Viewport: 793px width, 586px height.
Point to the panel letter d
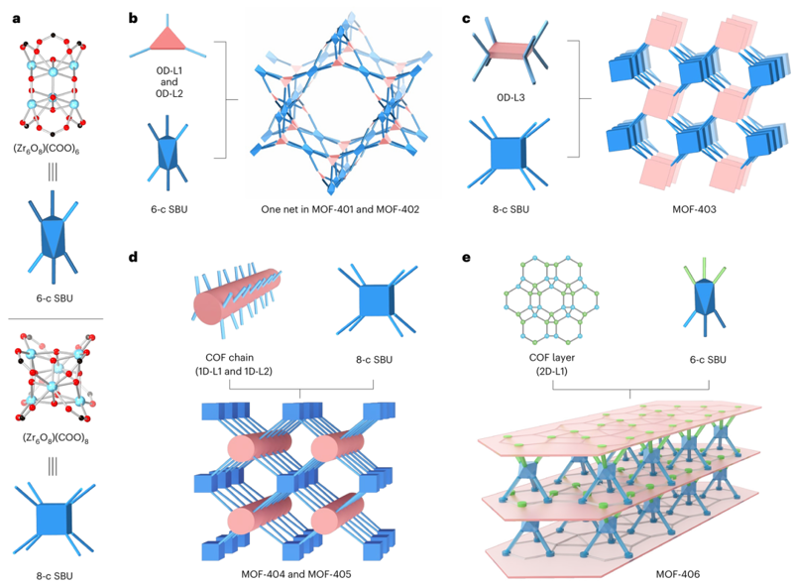tap(132, 256)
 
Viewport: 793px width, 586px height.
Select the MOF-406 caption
tap(631, 573)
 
